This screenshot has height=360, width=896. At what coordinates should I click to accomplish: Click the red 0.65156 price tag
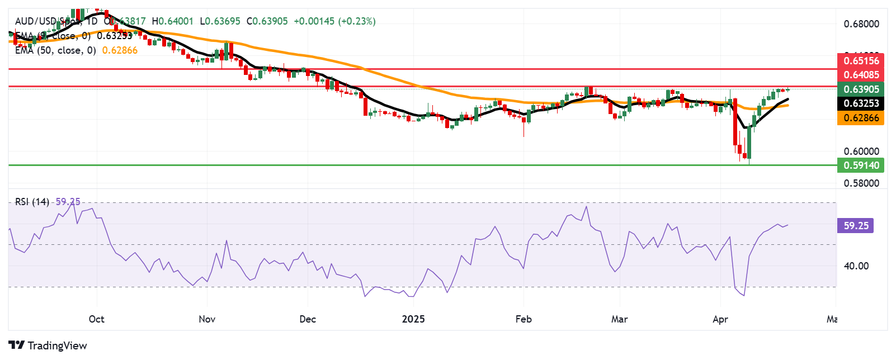click(861, 61)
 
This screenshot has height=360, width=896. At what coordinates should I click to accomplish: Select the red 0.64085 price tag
click(861, 75)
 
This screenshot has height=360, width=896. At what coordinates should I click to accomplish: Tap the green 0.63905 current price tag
click(861, 89)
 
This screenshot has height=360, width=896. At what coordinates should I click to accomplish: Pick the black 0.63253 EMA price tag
click(861, 103)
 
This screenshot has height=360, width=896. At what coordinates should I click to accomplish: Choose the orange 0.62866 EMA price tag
click(861, 118)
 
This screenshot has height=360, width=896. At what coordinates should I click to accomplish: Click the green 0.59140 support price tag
click(861, 165)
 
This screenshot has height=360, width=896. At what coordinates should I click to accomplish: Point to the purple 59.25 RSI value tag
click(855, 226)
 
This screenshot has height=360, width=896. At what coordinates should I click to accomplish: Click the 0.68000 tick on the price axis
click(861, 24)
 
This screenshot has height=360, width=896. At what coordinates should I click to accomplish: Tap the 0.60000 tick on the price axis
click(861, 151)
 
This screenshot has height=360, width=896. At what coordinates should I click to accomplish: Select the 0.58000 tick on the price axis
click(861, 183)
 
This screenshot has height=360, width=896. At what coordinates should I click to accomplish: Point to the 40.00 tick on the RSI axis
click(856, 266)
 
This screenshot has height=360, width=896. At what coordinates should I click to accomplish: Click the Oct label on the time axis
click(96, 319)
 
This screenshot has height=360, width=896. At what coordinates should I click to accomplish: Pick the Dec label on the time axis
click(308, 319)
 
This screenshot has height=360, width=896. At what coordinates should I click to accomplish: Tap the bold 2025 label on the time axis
click(413, 319)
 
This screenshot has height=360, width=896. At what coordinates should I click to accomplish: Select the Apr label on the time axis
click(720, 319)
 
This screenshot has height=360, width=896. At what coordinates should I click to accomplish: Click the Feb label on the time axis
click(523, 319)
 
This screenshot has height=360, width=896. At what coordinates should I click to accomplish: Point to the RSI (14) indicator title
click(32, 202)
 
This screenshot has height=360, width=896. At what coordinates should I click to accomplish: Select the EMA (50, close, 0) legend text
click(55, 50)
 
